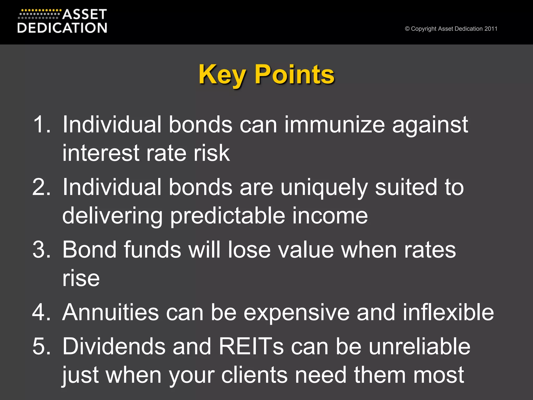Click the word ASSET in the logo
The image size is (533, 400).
85,14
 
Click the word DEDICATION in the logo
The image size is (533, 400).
62,28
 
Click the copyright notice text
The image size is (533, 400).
451,29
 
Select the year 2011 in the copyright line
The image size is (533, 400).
491,29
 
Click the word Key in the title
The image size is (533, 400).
222,75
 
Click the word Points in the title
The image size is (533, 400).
294,75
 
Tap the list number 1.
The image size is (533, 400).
41,124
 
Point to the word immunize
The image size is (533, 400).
334,124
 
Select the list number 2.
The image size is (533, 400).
41,187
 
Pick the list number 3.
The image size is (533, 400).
41,250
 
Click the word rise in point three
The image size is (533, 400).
81,278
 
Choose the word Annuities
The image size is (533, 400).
110,312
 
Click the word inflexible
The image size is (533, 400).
448,312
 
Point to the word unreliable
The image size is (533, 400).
420,346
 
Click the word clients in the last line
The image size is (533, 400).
254,375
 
